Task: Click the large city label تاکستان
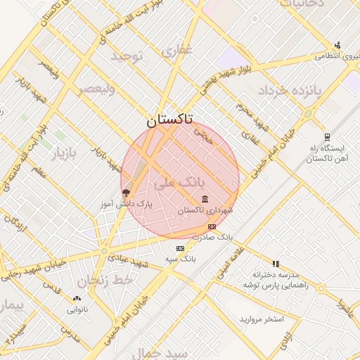pos(172,120)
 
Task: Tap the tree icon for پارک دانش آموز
pos(127,192)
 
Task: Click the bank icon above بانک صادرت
pos(212,226)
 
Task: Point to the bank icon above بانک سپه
pos(181,248)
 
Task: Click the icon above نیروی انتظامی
pos(337,44)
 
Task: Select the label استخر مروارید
pos(261,319)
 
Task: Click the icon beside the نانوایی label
pos(77,299)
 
